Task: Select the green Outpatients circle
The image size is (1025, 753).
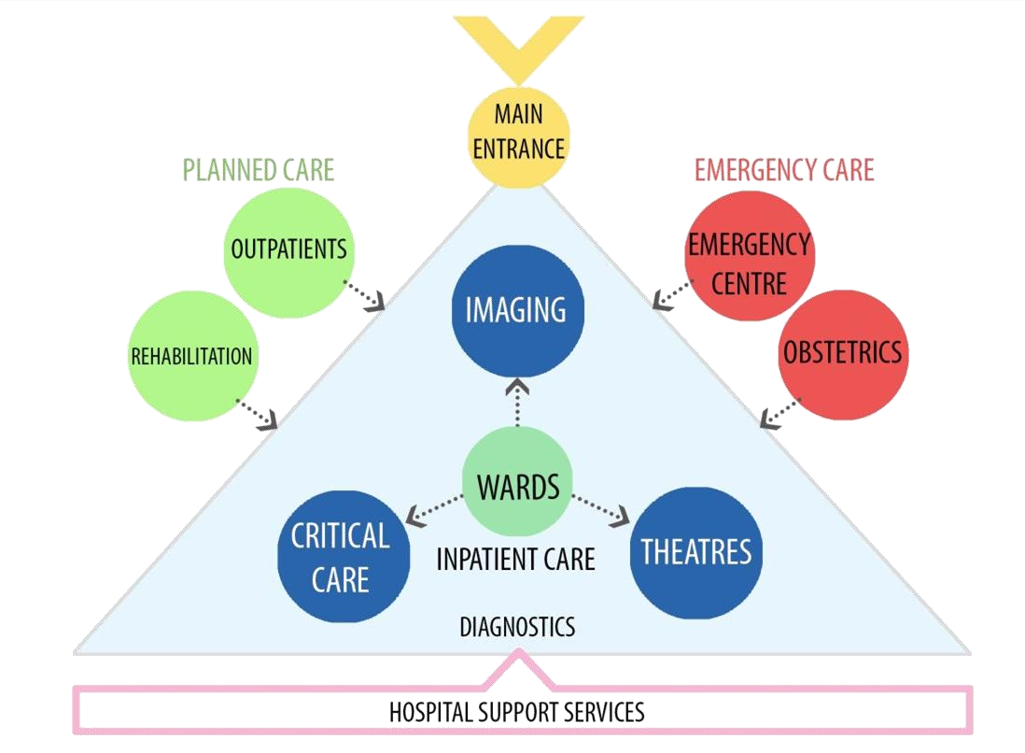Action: click(x=288, y=250)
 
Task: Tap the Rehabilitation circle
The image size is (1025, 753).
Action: click(x=191, y=356)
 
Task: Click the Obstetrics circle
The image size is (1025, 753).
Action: click(x=842, y=353)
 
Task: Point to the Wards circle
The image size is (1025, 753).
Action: click(x=517, y=487)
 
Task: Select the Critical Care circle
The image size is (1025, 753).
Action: click(x=343, y=557)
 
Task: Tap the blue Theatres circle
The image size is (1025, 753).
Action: click(x=696, y=551)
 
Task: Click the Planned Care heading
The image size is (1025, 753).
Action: click(x=259, y=170)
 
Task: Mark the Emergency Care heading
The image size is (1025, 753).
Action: click(x=784, y=170)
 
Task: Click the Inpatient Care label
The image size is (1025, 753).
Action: click(x=516, y=560)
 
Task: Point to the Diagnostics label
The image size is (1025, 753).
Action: click(x=517, y=626)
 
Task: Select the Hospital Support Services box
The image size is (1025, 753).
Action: click(x=517, y=712)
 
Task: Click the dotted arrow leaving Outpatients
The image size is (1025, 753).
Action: click(x=365, y=294)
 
